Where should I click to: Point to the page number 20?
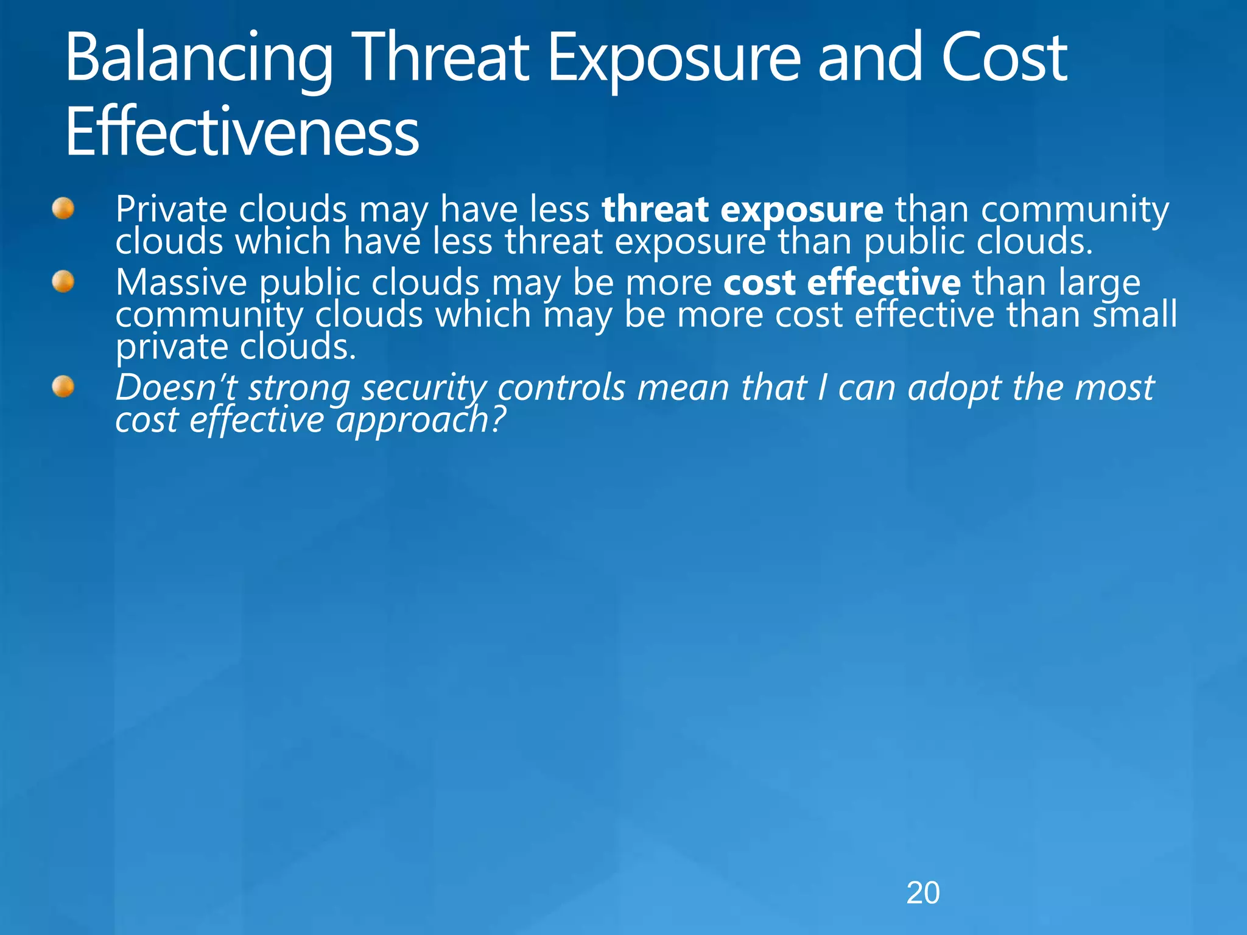(922, 893)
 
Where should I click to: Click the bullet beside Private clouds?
(63, 209)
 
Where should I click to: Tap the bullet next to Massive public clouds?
(63, 282)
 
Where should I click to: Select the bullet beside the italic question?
(63, 387)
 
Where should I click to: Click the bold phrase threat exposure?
(742, 210)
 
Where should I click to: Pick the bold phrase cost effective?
(841, 283)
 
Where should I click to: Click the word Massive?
(181, 283)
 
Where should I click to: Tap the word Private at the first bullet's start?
(170, 210)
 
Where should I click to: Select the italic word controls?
(561, 388)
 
